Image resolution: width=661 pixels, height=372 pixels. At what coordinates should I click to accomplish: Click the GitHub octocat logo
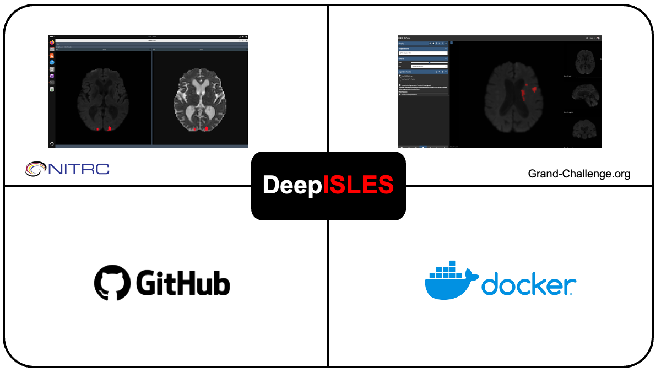(113, 283)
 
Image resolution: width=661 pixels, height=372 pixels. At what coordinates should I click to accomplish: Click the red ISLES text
(359, 186)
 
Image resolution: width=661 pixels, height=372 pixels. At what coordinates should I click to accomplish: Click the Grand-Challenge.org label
(579, 174)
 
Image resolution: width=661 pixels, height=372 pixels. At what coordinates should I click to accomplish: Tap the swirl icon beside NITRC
(36, 168)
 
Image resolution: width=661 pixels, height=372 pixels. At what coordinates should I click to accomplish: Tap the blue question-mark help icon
(52, 62)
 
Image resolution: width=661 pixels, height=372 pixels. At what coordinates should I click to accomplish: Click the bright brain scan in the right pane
(199, 102)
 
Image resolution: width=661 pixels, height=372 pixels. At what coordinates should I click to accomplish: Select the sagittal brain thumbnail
(585, 95)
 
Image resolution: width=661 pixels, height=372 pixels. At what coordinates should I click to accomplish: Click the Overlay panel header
(423, 58)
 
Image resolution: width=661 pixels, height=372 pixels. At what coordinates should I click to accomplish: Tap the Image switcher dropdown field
(423, 53)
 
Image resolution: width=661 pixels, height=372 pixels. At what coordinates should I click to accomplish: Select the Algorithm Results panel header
(423, 72)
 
